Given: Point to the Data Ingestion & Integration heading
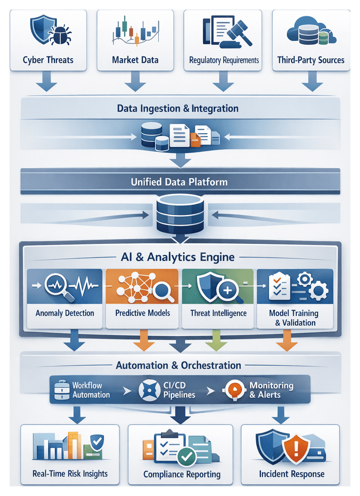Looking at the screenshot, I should pos(178,108).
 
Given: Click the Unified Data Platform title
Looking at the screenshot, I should pos(179,182).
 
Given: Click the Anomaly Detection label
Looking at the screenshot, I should pos(65,313).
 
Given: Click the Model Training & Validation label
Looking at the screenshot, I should pos(294,318).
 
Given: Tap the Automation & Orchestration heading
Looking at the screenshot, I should pos(179,365).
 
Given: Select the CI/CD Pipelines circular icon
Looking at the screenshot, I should pos(149,390).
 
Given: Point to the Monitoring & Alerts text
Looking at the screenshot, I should pos(271,390).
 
